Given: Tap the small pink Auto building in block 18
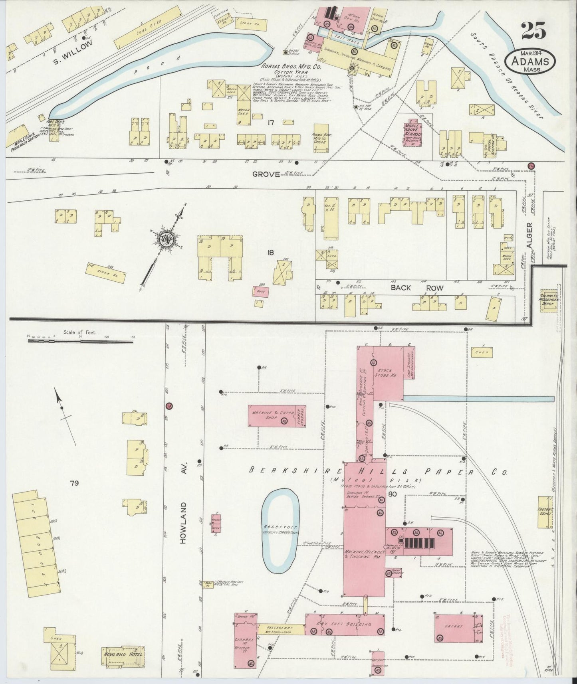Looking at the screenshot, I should pyautogui.click(x=260, y=292).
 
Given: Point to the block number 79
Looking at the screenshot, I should pyautogui.click(x=73, y=483).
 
